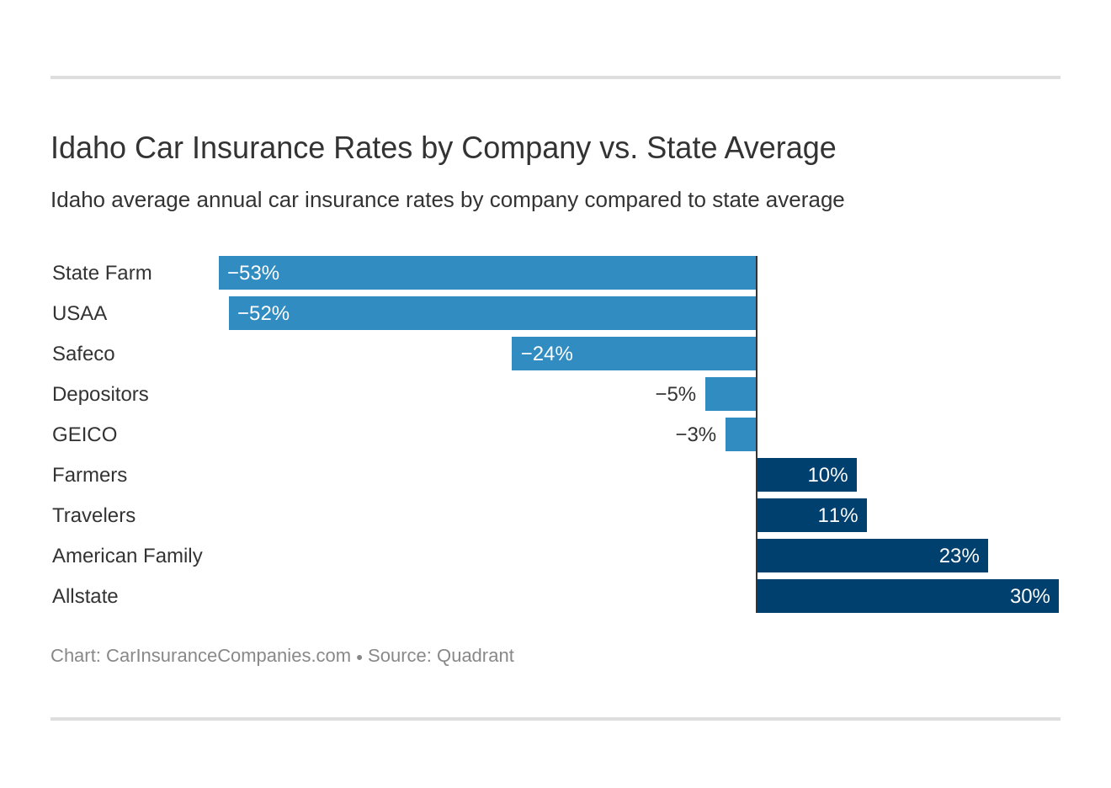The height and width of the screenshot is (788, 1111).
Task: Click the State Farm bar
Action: (x=487, y=273)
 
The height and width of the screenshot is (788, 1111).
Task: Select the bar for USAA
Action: (x=492, y=313)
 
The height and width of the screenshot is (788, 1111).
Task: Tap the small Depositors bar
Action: (x=731, y=394)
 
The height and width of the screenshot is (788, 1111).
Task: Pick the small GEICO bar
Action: (x=741, y=434)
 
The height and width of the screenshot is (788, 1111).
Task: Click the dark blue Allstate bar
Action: (x=907, y=596)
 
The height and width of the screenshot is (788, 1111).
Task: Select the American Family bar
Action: (x=872, y=556)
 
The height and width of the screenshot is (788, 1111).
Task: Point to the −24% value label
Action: (x=546, y=354)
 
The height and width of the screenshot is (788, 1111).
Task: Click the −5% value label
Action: (x=675, y=394)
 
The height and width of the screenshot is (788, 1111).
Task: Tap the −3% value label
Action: (x=695, y=434)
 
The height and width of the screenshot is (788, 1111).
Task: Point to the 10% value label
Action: (x=827, y=475)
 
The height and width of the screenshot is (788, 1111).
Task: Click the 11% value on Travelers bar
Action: (x=837, y=515)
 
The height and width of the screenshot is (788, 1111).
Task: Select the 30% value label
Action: (x=1029, y=596)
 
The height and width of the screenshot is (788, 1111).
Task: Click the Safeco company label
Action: (x=83, y=354)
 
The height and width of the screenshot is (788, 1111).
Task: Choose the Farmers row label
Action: (x=89, y=475)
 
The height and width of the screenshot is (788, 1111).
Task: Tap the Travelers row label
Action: (x=93, y=515)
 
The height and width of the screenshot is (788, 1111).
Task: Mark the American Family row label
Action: (x=127, y=556)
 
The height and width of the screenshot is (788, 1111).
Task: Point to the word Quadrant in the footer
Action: (x=475, y=656)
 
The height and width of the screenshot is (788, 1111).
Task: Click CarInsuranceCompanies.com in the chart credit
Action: (x=228, y=656)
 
